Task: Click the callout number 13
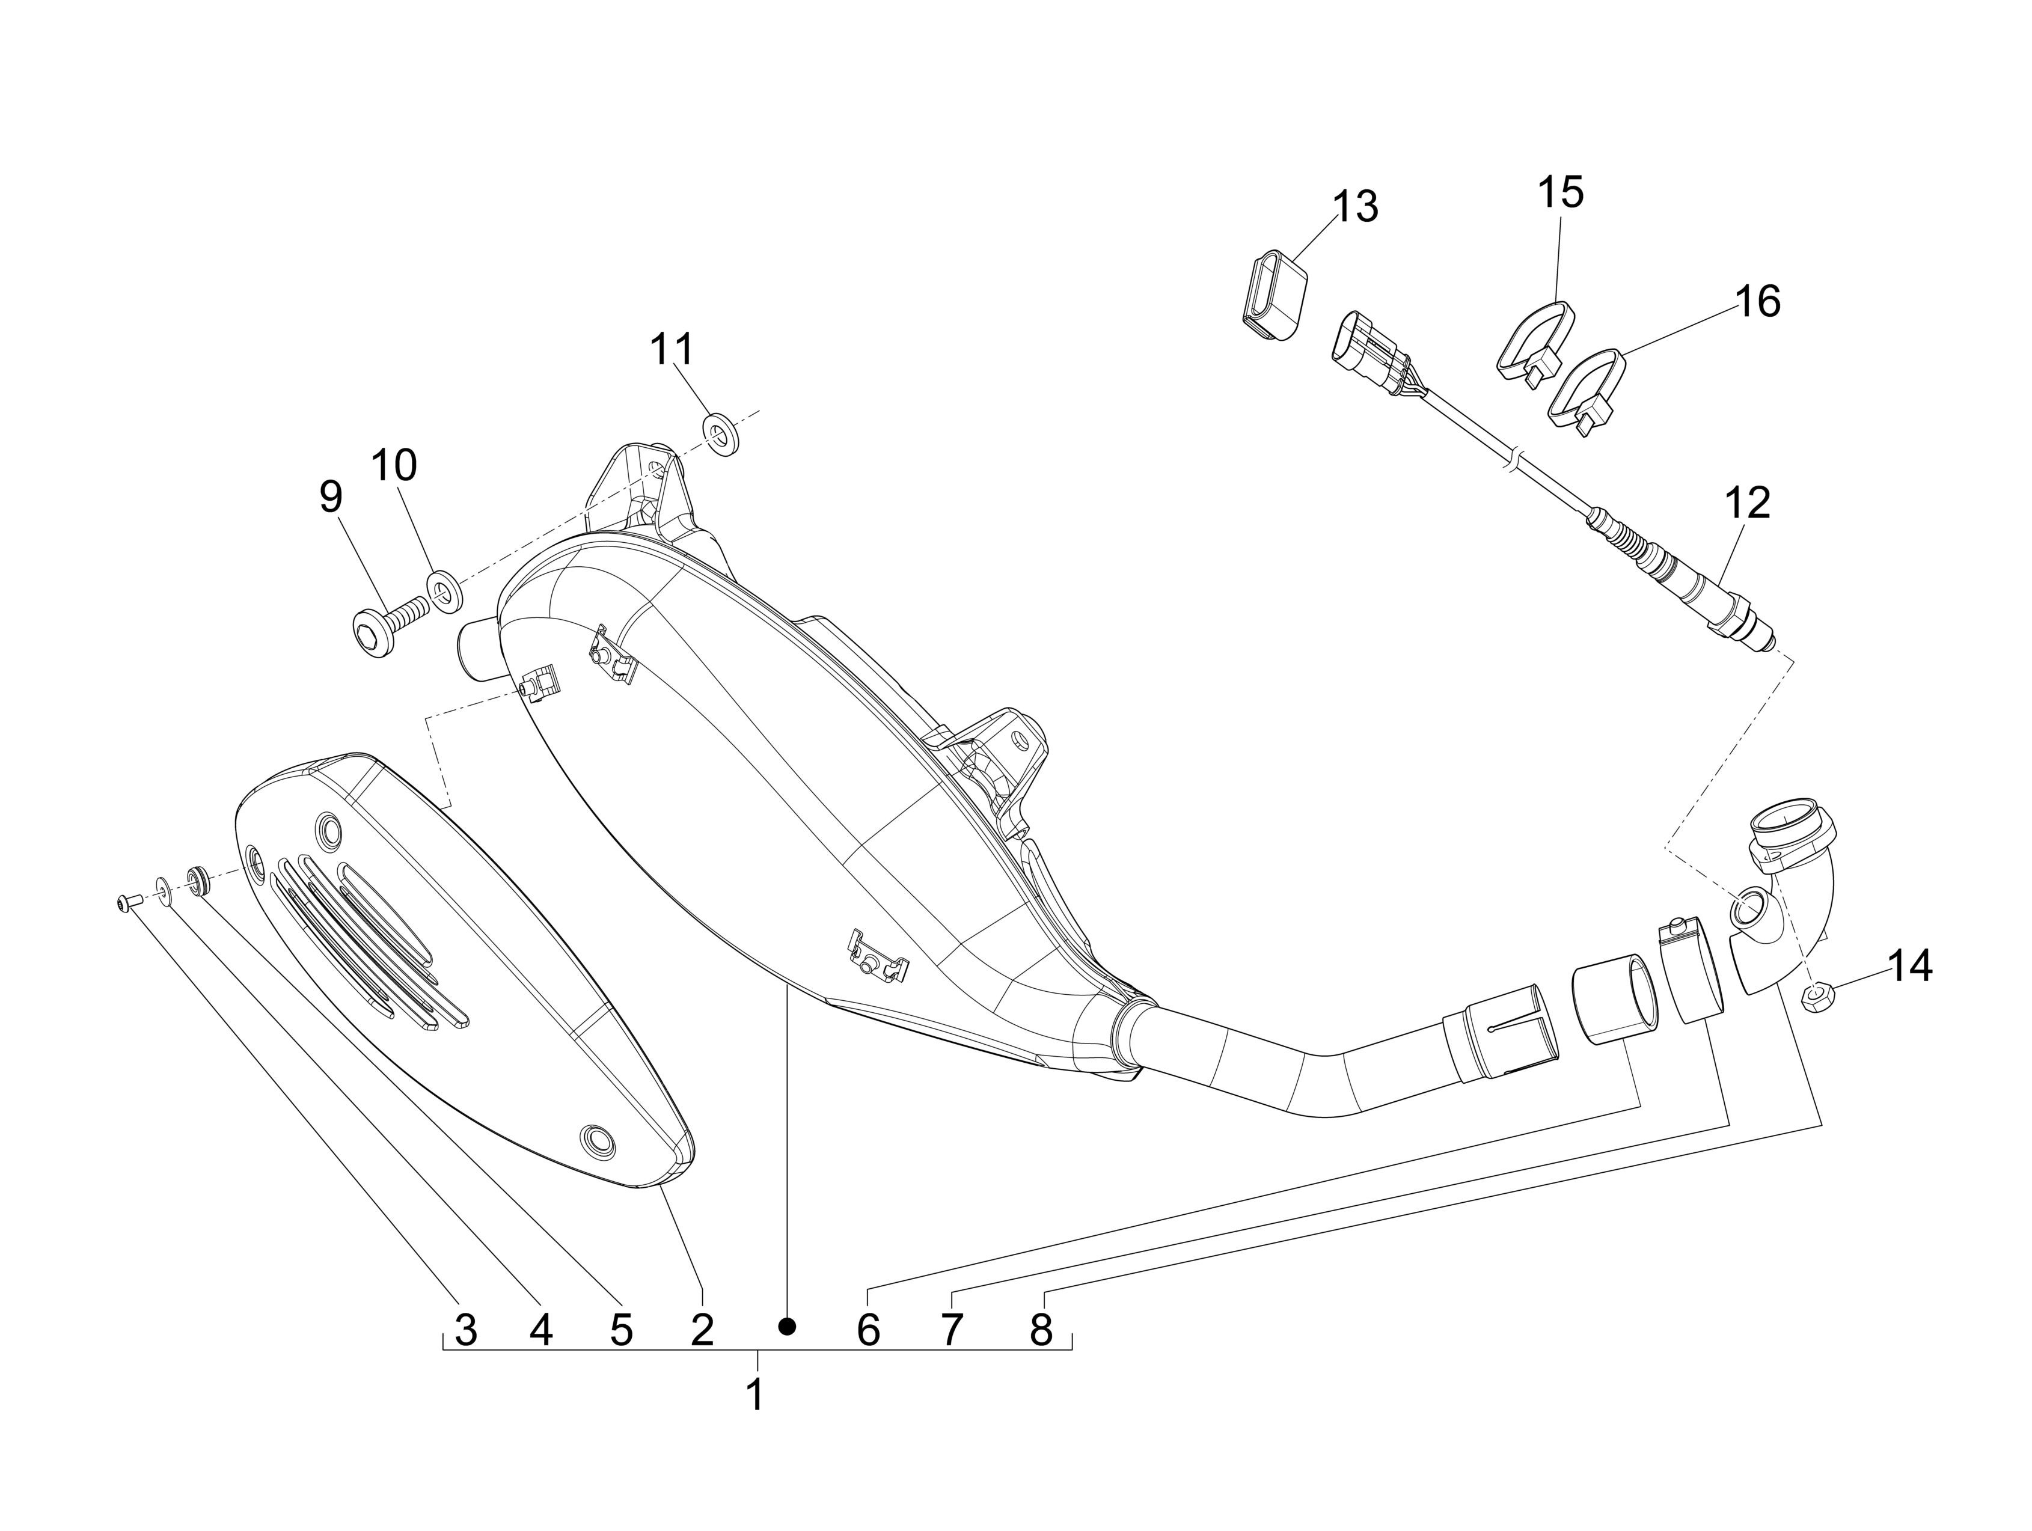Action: pos(1356,207)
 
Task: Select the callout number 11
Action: pos(673,349)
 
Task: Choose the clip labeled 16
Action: pos(1589,394)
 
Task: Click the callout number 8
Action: pos(1040,1329)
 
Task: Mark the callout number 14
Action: pos(1910,966)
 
